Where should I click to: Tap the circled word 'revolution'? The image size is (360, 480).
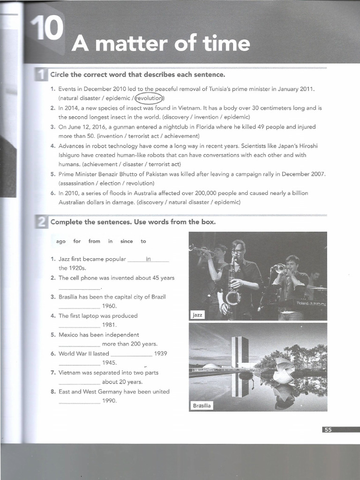coord(149,98)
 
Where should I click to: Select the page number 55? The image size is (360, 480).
coord(327,429)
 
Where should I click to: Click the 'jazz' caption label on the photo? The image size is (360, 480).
coord(197,315)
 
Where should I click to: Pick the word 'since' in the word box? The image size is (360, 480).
coord(127,241)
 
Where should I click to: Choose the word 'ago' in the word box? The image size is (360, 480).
coord(61,241)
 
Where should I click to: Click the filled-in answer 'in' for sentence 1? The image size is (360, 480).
coord(148,259)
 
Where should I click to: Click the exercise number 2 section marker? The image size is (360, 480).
coord(41,222)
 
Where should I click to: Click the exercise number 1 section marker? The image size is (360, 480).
coord(41,75)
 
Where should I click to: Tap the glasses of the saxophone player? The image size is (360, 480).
coord(237,251)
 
